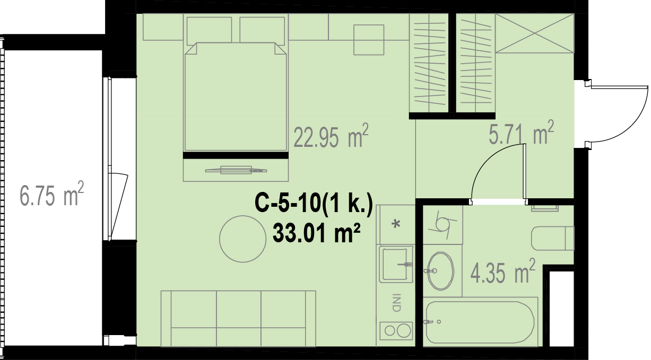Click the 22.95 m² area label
coord(331,136)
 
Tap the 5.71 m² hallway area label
coord(521,133)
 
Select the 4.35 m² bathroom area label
coord(503,271)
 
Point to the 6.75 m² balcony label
coord(52,194)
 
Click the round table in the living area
coord(242,239)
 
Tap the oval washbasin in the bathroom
coord(440,271)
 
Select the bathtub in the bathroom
coord(480,322)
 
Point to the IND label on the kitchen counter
coord(396,303)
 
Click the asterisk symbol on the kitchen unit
coord(396,224)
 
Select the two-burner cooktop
coord(396,330)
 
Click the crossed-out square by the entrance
coord(535,33)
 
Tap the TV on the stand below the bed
coord(236,170)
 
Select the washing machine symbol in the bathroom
coord(442,225)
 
